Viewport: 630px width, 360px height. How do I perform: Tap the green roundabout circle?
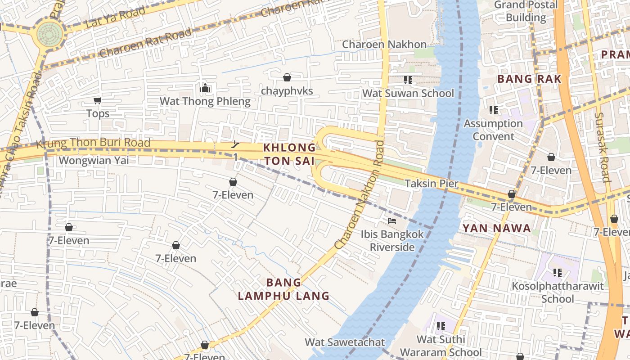click(x=49, y=33)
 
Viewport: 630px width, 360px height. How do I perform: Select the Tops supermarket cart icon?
click(x=97, y=100)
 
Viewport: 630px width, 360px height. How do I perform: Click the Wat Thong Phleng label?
click(x=205, y=101)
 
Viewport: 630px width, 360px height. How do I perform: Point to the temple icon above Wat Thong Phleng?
click(x=205, y=88)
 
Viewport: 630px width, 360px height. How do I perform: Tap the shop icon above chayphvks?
click(x=287, y=77)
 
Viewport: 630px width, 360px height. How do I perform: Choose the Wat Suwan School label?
click(x=408, y=93)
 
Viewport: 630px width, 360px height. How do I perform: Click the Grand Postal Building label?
click(x=526, y=11)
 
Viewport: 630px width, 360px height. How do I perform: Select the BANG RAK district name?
click(x=529, y=79)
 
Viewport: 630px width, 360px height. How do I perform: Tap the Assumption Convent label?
click(x=493, y=130)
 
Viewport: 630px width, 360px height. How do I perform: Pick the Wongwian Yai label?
click(x=94, y=160)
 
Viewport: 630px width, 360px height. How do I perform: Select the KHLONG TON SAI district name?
click(x=289, y=154)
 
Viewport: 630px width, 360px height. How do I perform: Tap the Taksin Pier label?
click(x=431, y=184)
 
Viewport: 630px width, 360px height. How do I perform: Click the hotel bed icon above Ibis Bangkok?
click(x=392, y=221)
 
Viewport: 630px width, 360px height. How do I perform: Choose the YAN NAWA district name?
click(x=497, y=228)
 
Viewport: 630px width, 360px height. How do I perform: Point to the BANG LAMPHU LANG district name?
click(x=283, y=289)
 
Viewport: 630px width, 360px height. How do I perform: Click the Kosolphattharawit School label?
click(x=558, y=292)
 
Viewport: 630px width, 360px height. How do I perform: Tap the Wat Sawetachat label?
click(x=345, y=342)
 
